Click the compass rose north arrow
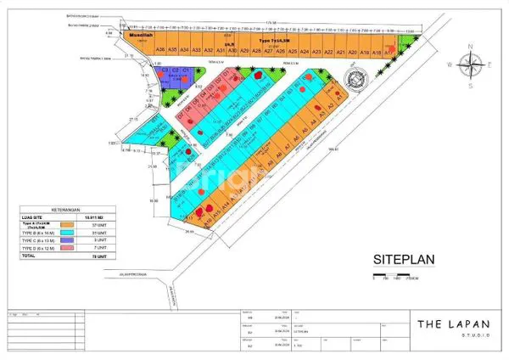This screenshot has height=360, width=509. pos(468,62)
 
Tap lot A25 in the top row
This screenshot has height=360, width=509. pos(292,52)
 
